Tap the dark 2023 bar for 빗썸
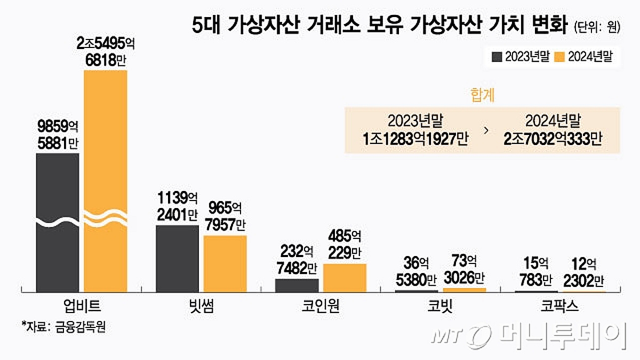pos(177,258)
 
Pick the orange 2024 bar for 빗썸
pos(225,263)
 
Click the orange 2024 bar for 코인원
pos(345,277)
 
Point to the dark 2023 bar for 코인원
pos(297,285)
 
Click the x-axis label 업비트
pos(81,307)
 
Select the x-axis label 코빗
pos(440,307)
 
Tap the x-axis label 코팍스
pos(560,307)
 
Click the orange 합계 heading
pos(482,95)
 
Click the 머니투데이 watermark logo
pos(528,336)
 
